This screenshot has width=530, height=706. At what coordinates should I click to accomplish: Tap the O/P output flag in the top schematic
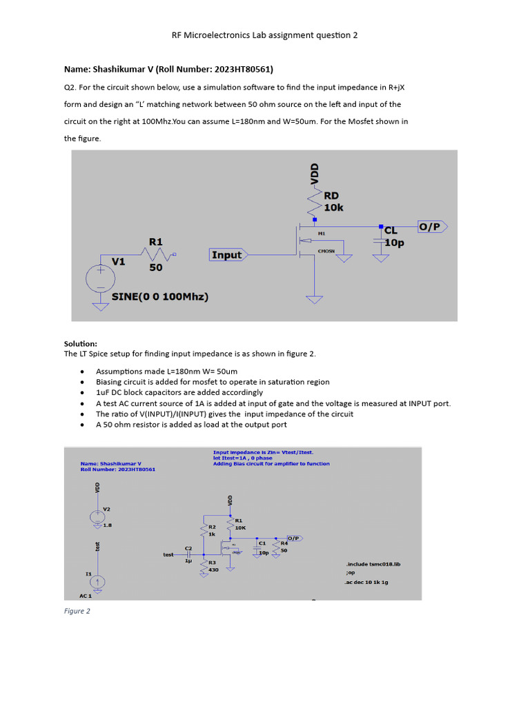point(432,227)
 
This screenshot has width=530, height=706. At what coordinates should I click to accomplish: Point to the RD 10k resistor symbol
point(315,201)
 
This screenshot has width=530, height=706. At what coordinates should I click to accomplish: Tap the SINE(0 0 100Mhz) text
point(160,297)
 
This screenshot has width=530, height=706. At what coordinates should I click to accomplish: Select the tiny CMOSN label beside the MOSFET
point(326,251)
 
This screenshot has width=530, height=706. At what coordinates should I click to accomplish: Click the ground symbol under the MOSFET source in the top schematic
point(315,299)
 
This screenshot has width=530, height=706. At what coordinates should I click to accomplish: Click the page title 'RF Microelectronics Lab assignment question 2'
point(265,34)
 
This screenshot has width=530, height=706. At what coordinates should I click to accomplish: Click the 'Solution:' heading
point(81,343)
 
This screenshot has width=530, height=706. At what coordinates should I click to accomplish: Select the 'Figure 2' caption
point(77,611)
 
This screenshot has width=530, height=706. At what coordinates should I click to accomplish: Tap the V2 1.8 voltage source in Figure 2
point(97,517)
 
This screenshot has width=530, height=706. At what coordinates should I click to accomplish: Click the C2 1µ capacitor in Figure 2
point(188,553)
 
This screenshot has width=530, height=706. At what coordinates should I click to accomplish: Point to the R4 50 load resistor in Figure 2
point(276,547)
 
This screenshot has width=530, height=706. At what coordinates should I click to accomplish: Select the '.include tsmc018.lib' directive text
point(373,564)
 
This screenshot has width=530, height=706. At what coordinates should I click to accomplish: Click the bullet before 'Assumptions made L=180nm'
point(83,371)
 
